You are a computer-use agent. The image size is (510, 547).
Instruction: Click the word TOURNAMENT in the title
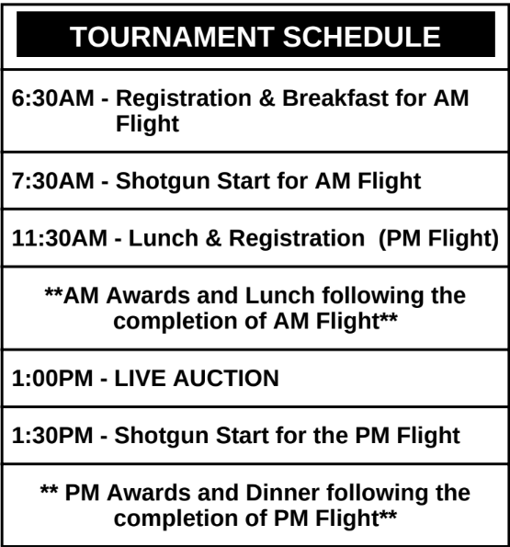(172, 37)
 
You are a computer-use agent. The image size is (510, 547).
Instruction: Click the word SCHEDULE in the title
(361, 37)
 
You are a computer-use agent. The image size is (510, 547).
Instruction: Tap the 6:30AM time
(53, 98)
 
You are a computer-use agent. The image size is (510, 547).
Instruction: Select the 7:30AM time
(53, 181)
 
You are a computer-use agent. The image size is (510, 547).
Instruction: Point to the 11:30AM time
(59, 238)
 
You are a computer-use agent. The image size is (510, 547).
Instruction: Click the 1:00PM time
(52, 378)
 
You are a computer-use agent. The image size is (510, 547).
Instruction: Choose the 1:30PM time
(52, 436)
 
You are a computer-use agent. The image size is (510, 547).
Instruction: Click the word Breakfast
(335, 98)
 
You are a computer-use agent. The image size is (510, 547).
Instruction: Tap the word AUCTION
(226, 378)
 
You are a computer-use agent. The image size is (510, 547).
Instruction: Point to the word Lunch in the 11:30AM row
(164, 238)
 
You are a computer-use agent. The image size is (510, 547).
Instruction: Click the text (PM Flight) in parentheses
(438, 239)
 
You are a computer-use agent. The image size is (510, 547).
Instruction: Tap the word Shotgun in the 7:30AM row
(163, 181)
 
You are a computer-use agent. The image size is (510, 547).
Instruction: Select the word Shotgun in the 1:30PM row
(162, 436)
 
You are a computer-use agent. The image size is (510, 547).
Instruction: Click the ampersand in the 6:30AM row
(266, 98)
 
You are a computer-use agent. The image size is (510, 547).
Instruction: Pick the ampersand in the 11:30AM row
(213, 238)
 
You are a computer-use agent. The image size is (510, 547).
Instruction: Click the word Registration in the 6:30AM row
(184, 98)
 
